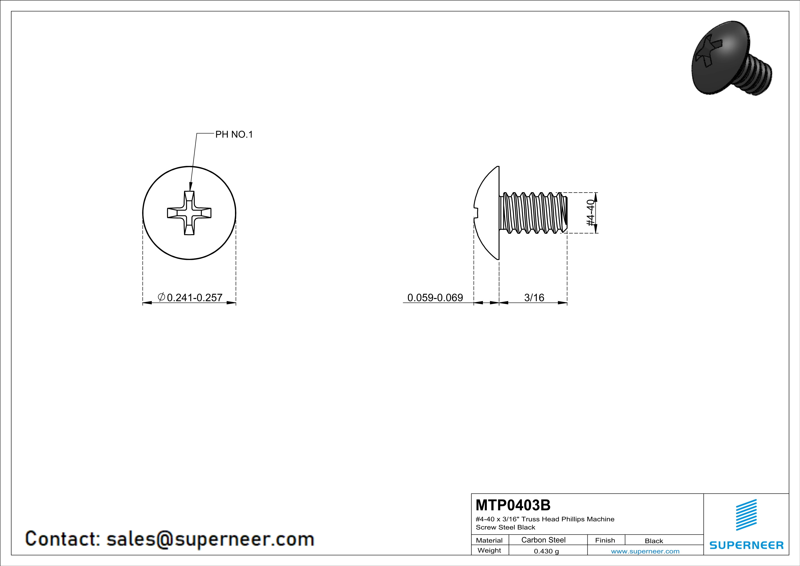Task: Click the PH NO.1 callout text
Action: pyautogui.click(x=234, y=134)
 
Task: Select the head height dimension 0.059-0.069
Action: pyautogui.click(x=435, y=298)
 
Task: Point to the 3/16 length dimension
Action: pyautogui.click(x=534, y=298)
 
